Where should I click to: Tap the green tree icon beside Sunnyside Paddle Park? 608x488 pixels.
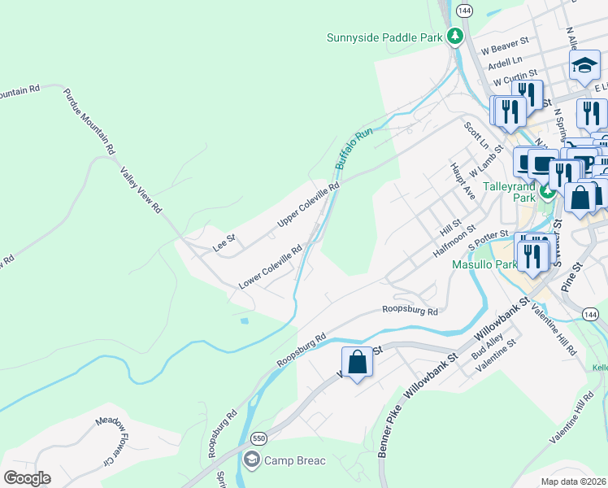click(x=456, y=36)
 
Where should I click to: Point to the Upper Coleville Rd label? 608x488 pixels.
click(x=308, y=205)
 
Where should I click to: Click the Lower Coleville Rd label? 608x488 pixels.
click(x=271, y=266)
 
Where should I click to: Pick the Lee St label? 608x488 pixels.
click(x=224, y=242)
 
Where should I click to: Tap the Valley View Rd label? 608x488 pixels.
click(x=141, y=190)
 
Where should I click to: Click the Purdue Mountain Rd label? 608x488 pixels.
click(x=90, y=121)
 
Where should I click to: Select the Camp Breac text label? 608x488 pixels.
click(x=294, y=461)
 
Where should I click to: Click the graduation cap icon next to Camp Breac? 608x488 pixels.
click(x=252, y=461)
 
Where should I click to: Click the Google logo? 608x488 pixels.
click(x=27, y=477)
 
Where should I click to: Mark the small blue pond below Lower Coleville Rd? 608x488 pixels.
click(x=245, y=320)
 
